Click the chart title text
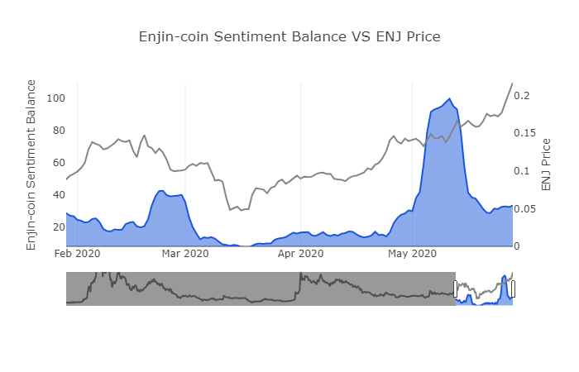[289, 36]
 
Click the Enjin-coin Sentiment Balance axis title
[31, 165]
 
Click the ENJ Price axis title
[546, 165]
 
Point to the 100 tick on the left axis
[55, 98]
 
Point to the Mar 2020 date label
[185, 254]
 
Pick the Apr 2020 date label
[300, 254]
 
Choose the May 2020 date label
[411, 254]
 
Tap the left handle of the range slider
[456, 289]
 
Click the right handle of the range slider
[513, 289]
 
